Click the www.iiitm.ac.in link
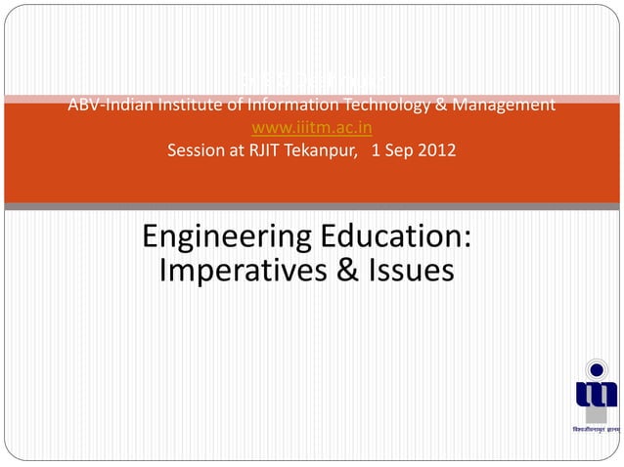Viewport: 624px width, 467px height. point(312,128)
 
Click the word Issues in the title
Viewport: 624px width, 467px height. point(410,271)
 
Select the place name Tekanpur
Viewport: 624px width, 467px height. point(321,151)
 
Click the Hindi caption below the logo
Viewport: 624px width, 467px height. point(596,430)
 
